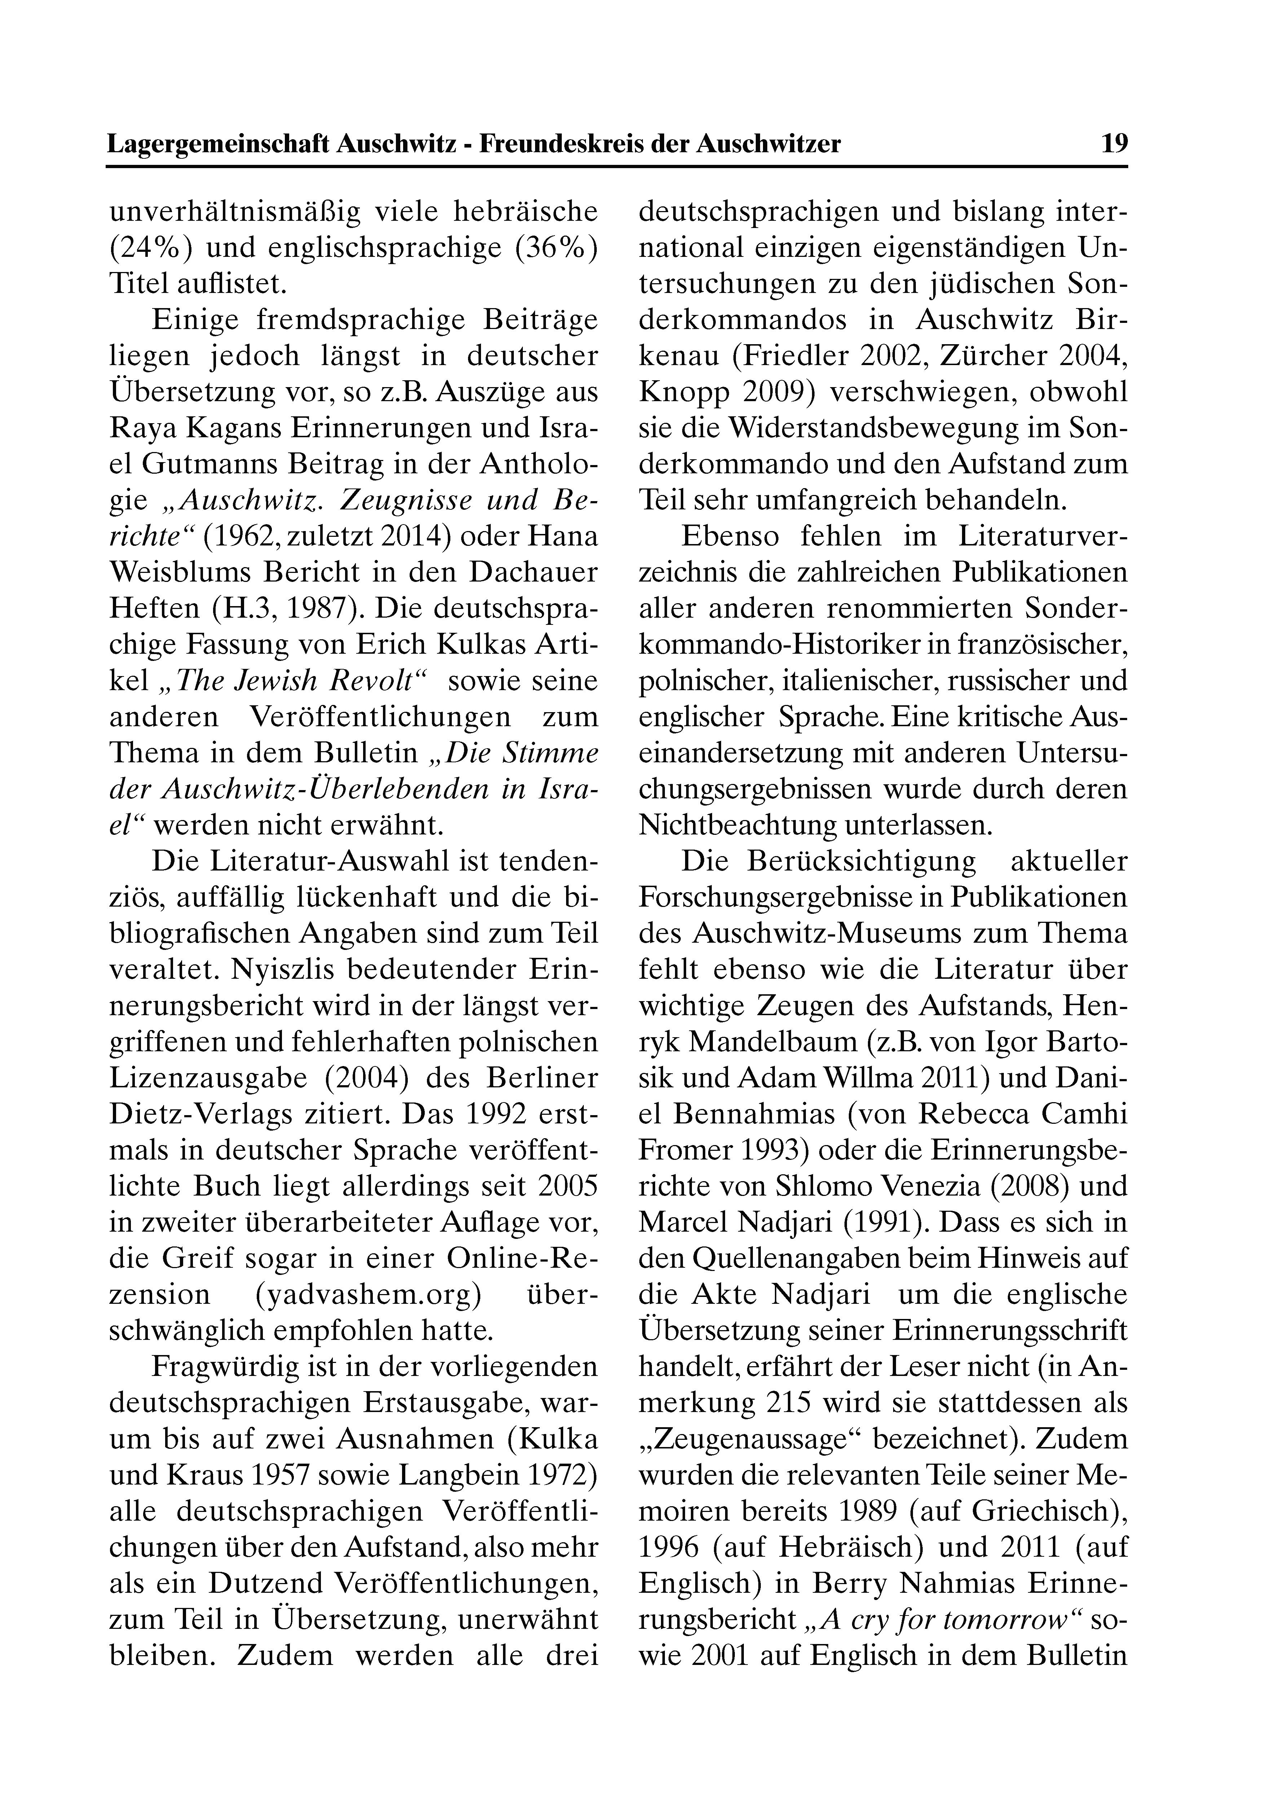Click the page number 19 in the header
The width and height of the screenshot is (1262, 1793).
1114,144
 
